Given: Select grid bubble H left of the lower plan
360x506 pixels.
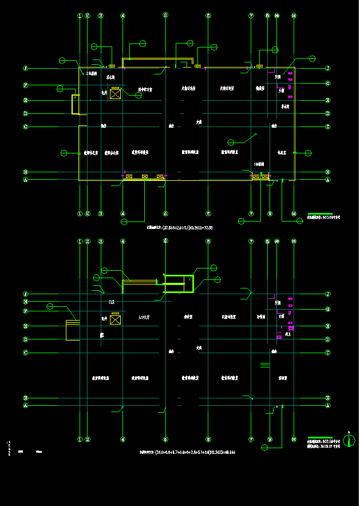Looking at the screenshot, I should point(25,302).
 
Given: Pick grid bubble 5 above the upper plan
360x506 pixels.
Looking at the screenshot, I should point(165,16).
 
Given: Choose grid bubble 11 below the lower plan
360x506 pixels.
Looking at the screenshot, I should point(294,440).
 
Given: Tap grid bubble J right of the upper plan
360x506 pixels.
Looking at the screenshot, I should point(328,68).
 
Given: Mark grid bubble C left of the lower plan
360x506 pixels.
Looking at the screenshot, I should point(25,353).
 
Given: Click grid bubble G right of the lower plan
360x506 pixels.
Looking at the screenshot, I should point(328,310).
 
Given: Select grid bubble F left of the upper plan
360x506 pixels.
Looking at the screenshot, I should point(25,85).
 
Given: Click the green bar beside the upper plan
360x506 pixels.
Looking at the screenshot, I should point(319,214).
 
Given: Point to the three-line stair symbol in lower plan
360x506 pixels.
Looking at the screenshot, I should point(264,365).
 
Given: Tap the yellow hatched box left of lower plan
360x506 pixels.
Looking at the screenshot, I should point(73,330).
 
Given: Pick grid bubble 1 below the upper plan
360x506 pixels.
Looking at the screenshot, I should point(80,214).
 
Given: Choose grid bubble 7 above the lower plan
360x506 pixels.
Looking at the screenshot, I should point(251,242).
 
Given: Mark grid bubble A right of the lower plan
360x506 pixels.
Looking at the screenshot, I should point(328,405).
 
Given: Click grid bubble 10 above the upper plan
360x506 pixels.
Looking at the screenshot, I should point(276,16).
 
